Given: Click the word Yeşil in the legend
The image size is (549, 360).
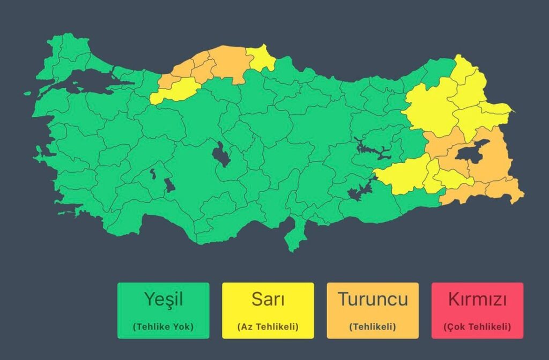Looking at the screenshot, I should [x=163, y=299].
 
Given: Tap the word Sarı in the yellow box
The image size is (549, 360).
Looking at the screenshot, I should [x=268, y=299].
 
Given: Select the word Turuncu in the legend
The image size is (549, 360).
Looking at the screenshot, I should [x=373, y=299].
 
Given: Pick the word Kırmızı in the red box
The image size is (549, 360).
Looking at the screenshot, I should [x=477, y=299].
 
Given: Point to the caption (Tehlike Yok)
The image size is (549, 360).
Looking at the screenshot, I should [x=163, y=326].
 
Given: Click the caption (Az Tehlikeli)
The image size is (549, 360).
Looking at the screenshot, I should [x=268, y=326].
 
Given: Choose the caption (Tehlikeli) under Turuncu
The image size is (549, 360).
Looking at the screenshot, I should [x=373, y=326].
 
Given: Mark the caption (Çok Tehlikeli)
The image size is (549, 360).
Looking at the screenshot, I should [x=477, y=326].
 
